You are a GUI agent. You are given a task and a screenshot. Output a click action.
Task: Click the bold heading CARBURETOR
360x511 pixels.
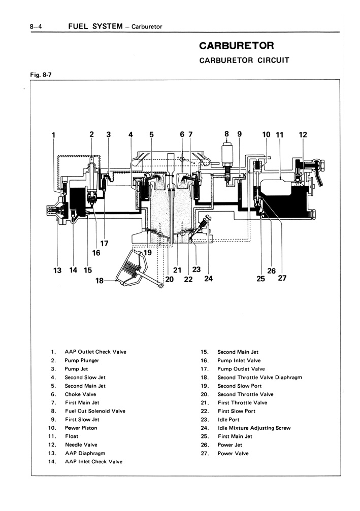pos(237,45)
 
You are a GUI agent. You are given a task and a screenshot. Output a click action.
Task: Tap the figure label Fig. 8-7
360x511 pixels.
pos(41,75)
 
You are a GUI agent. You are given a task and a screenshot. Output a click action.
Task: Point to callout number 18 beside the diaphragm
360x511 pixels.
pos(100,280)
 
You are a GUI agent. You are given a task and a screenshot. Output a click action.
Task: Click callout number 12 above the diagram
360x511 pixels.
pos(303,134)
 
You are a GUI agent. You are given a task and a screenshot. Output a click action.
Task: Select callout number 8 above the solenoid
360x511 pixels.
pos(226,134)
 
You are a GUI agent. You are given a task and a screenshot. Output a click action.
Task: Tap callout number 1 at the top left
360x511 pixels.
pos(53,135)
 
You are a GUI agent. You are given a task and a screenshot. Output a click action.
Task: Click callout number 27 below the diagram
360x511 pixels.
pos(282,278)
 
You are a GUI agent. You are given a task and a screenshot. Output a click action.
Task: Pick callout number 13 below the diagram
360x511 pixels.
pos(57,270)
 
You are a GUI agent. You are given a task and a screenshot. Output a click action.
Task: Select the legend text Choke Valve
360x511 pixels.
pos(80,394)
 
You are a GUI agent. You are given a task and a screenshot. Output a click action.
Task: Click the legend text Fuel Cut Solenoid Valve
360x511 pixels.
pos(95,411)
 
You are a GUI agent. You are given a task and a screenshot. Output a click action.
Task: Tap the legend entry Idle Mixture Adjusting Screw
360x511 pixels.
pos(254,428)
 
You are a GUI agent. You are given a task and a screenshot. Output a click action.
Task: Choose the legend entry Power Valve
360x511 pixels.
pos(233,453)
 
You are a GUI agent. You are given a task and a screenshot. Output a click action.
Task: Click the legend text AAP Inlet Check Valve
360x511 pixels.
pos(93,462)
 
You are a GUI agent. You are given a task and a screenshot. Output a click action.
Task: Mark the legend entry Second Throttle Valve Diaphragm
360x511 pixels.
pos(260,378)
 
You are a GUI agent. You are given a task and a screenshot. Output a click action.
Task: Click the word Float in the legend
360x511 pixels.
pos(72,436)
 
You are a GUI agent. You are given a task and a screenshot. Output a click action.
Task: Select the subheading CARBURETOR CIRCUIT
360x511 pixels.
pos(244,60)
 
